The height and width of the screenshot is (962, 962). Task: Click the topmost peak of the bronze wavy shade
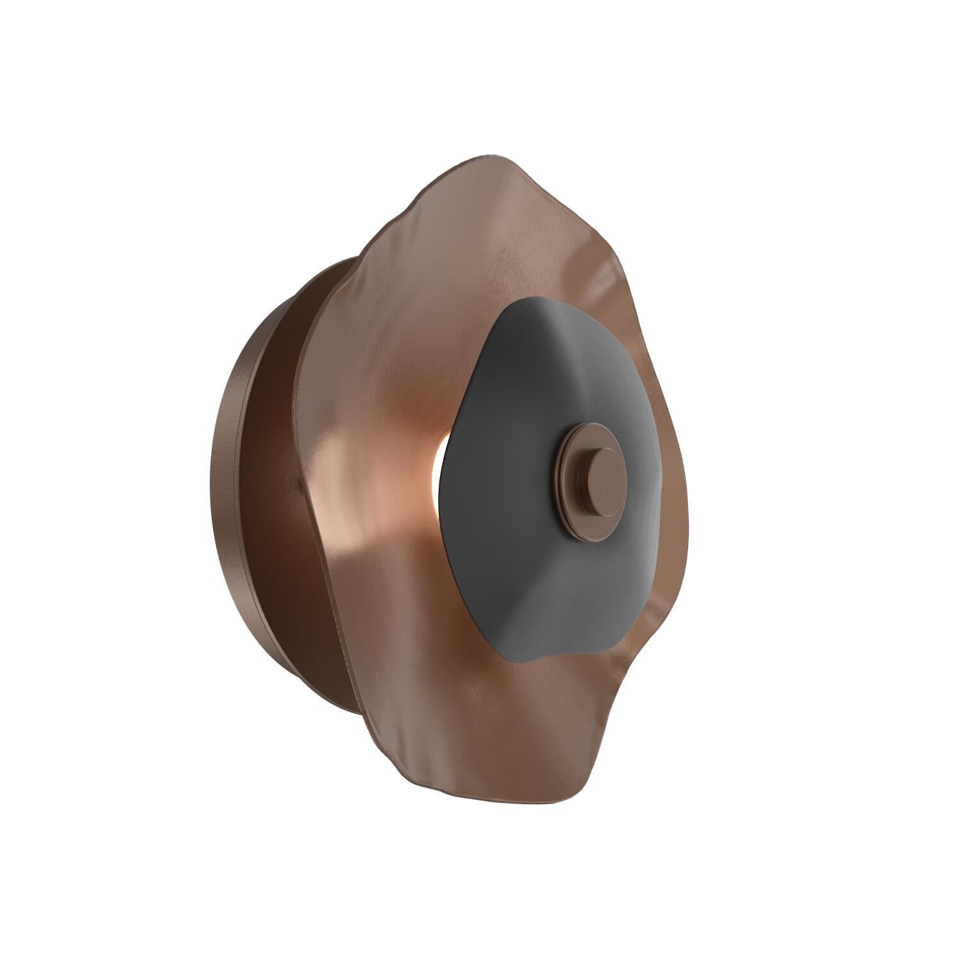tap(487, 156)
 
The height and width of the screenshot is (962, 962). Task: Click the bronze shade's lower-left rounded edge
tap(372, 725)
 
